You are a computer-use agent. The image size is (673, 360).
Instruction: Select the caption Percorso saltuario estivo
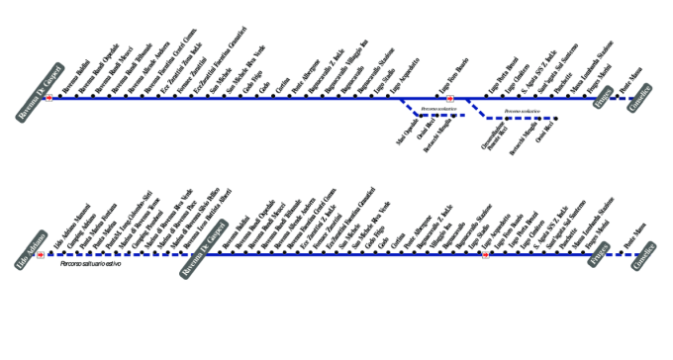point(90,264)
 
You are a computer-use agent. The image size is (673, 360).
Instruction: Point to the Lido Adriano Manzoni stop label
point(66,233)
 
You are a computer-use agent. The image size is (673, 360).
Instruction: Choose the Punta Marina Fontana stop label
point(91,233)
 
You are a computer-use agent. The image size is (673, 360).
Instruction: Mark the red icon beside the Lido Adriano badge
point(40,254)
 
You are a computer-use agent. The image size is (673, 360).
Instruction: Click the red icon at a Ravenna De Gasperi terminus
point(48,99)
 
